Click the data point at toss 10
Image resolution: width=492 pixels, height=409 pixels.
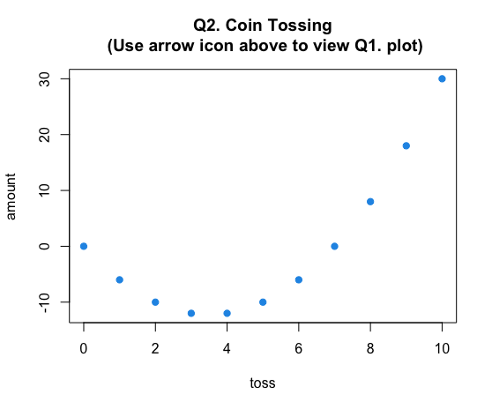tap(442, 78)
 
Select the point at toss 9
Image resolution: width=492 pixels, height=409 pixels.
tap(406, 145)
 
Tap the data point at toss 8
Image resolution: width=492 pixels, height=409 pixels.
tap(370, 201)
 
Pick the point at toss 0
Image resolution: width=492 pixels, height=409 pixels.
tap(84, 246)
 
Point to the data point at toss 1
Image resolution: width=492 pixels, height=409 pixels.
tap(120, 279)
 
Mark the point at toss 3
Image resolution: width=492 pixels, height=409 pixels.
tap(191, 313)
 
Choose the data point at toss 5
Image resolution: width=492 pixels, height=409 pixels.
tap(263, 302)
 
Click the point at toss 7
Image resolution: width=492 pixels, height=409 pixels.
tap(334, 246)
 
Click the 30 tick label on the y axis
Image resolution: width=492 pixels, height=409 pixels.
tap(45, 79)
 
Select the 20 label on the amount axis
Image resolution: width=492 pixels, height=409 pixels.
tap(45, 135)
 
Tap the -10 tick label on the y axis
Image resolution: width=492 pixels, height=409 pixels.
tap(45, 303)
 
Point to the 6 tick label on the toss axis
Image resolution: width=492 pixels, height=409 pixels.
tap(298, 348)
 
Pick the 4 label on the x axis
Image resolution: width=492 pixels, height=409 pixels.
tap(227, 348)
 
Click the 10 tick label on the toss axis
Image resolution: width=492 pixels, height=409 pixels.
tap(442, 348)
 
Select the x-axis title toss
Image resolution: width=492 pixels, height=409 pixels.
tap(263, 383)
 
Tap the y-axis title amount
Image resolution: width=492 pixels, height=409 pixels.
tap(11, 197)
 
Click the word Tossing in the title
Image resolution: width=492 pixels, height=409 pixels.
tap(300, 26)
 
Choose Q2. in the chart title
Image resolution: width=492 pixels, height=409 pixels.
tap(207, 26)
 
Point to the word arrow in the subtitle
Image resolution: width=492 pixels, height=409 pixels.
tap(171, 46)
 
